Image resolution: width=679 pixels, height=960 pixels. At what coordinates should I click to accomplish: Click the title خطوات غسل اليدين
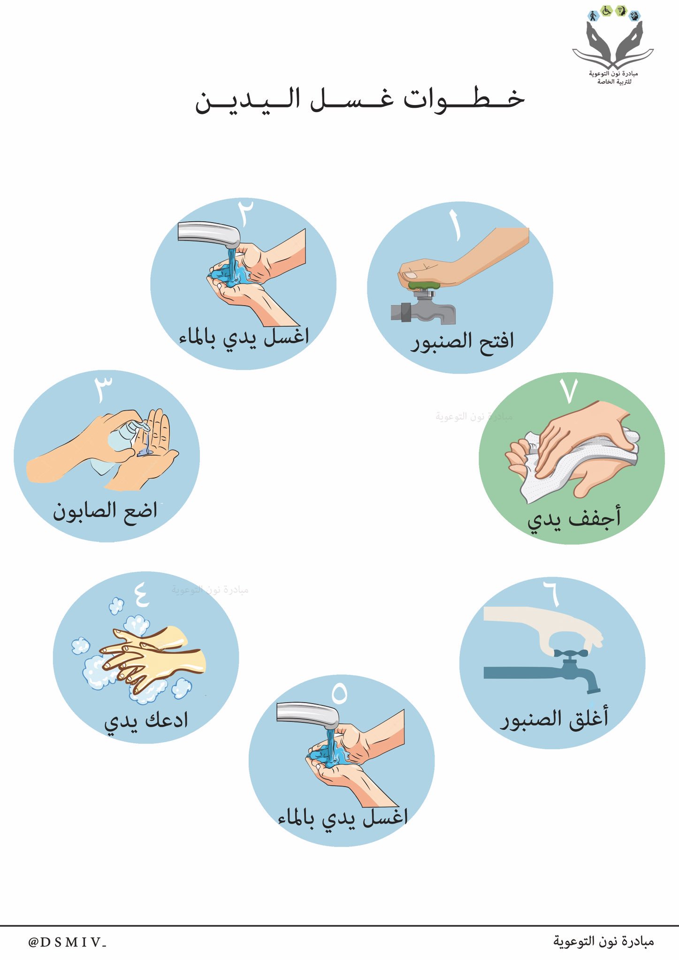[x=359, y=100]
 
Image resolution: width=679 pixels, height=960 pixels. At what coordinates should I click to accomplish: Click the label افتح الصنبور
[x=463, y=341]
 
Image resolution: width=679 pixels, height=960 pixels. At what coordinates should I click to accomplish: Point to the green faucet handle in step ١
[x=424, y=285]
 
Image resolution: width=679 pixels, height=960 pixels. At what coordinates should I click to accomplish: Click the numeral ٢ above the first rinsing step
[x=246, y=211]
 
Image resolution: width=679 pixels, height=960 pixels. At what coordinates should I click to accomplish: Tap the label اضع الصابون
[x=105, y=511]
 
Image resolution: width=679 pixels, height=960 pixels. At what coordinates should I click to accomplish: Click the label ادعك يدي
[x=146, y=721]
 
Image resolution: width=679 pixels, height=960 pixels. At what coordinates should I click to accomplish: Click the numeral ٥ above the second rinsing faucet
[x=339, y=693]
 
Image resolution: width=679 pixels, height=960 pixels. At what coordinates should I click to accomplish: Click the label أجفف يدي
[x=574, y=519]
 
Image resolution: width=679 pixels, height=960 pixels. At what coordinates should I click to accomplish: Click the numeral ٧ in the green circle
[x=569, y=391]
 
